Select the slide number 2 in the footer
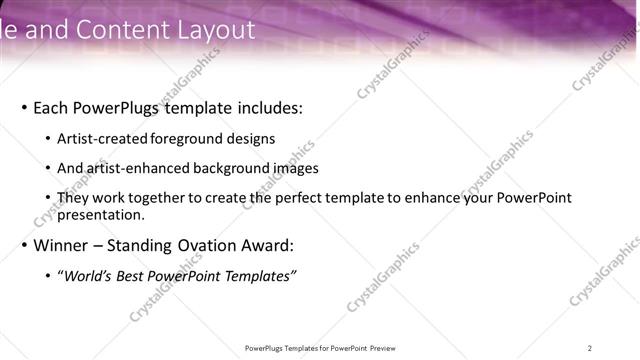[590, 348]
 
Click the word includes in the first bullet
[260, 108]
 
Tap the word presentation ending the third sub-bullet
[101, 214]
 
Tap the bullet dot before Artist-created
[48, 140]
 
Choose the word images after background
[295, 169]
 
